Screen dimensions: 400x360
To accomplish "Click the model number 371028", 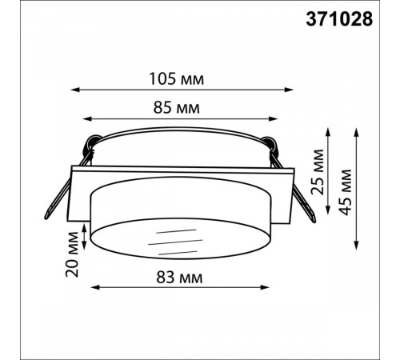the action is (x=339, y=19).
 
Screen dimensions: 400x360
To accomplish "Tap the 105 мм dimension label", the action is (x=177, y=79).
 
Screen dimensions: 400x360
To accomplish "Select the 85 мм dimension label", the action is (x=176, y=108).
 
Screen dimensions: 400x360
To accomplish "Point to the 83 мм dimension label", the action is (x=179, y=277).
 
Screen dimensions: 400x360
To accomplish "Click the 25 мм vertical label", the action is (x=318, y=172).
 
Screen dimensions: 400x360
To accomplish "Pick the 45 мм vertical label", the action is (x=346, y=192).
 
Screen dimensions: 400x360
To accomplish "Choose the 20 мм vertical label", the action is (x=72, y=254).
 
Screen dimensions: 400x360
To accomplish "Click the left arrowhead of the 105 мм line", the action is (x=75, y=90).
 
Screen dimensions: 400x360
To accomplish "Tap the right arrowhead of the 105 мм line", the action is (x=289, y=90).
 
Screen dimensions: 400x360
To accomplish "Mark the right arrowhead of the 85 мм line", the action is (x=274, y=118).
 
